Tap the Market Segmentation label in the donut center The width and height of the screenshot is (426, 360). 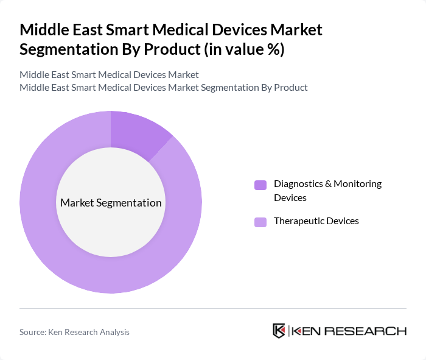[111, 203]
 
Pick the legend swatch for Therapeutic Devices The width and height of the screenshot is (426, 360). [260, 222]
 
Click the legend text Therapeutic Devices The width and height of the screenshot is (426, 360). [316, 221]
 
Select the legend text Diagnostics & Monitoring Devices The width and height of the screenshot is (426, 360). [327, 191]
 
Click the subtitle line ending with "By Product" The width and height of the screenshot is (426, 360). [163, 87]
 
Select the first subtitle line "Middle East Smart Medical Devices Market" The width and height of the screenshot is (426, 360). [109, 75]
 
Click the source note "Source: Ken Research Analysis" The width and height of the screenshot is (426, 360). [74, 332]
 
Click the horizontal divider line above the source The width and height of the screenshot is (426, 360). [212, 309]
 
